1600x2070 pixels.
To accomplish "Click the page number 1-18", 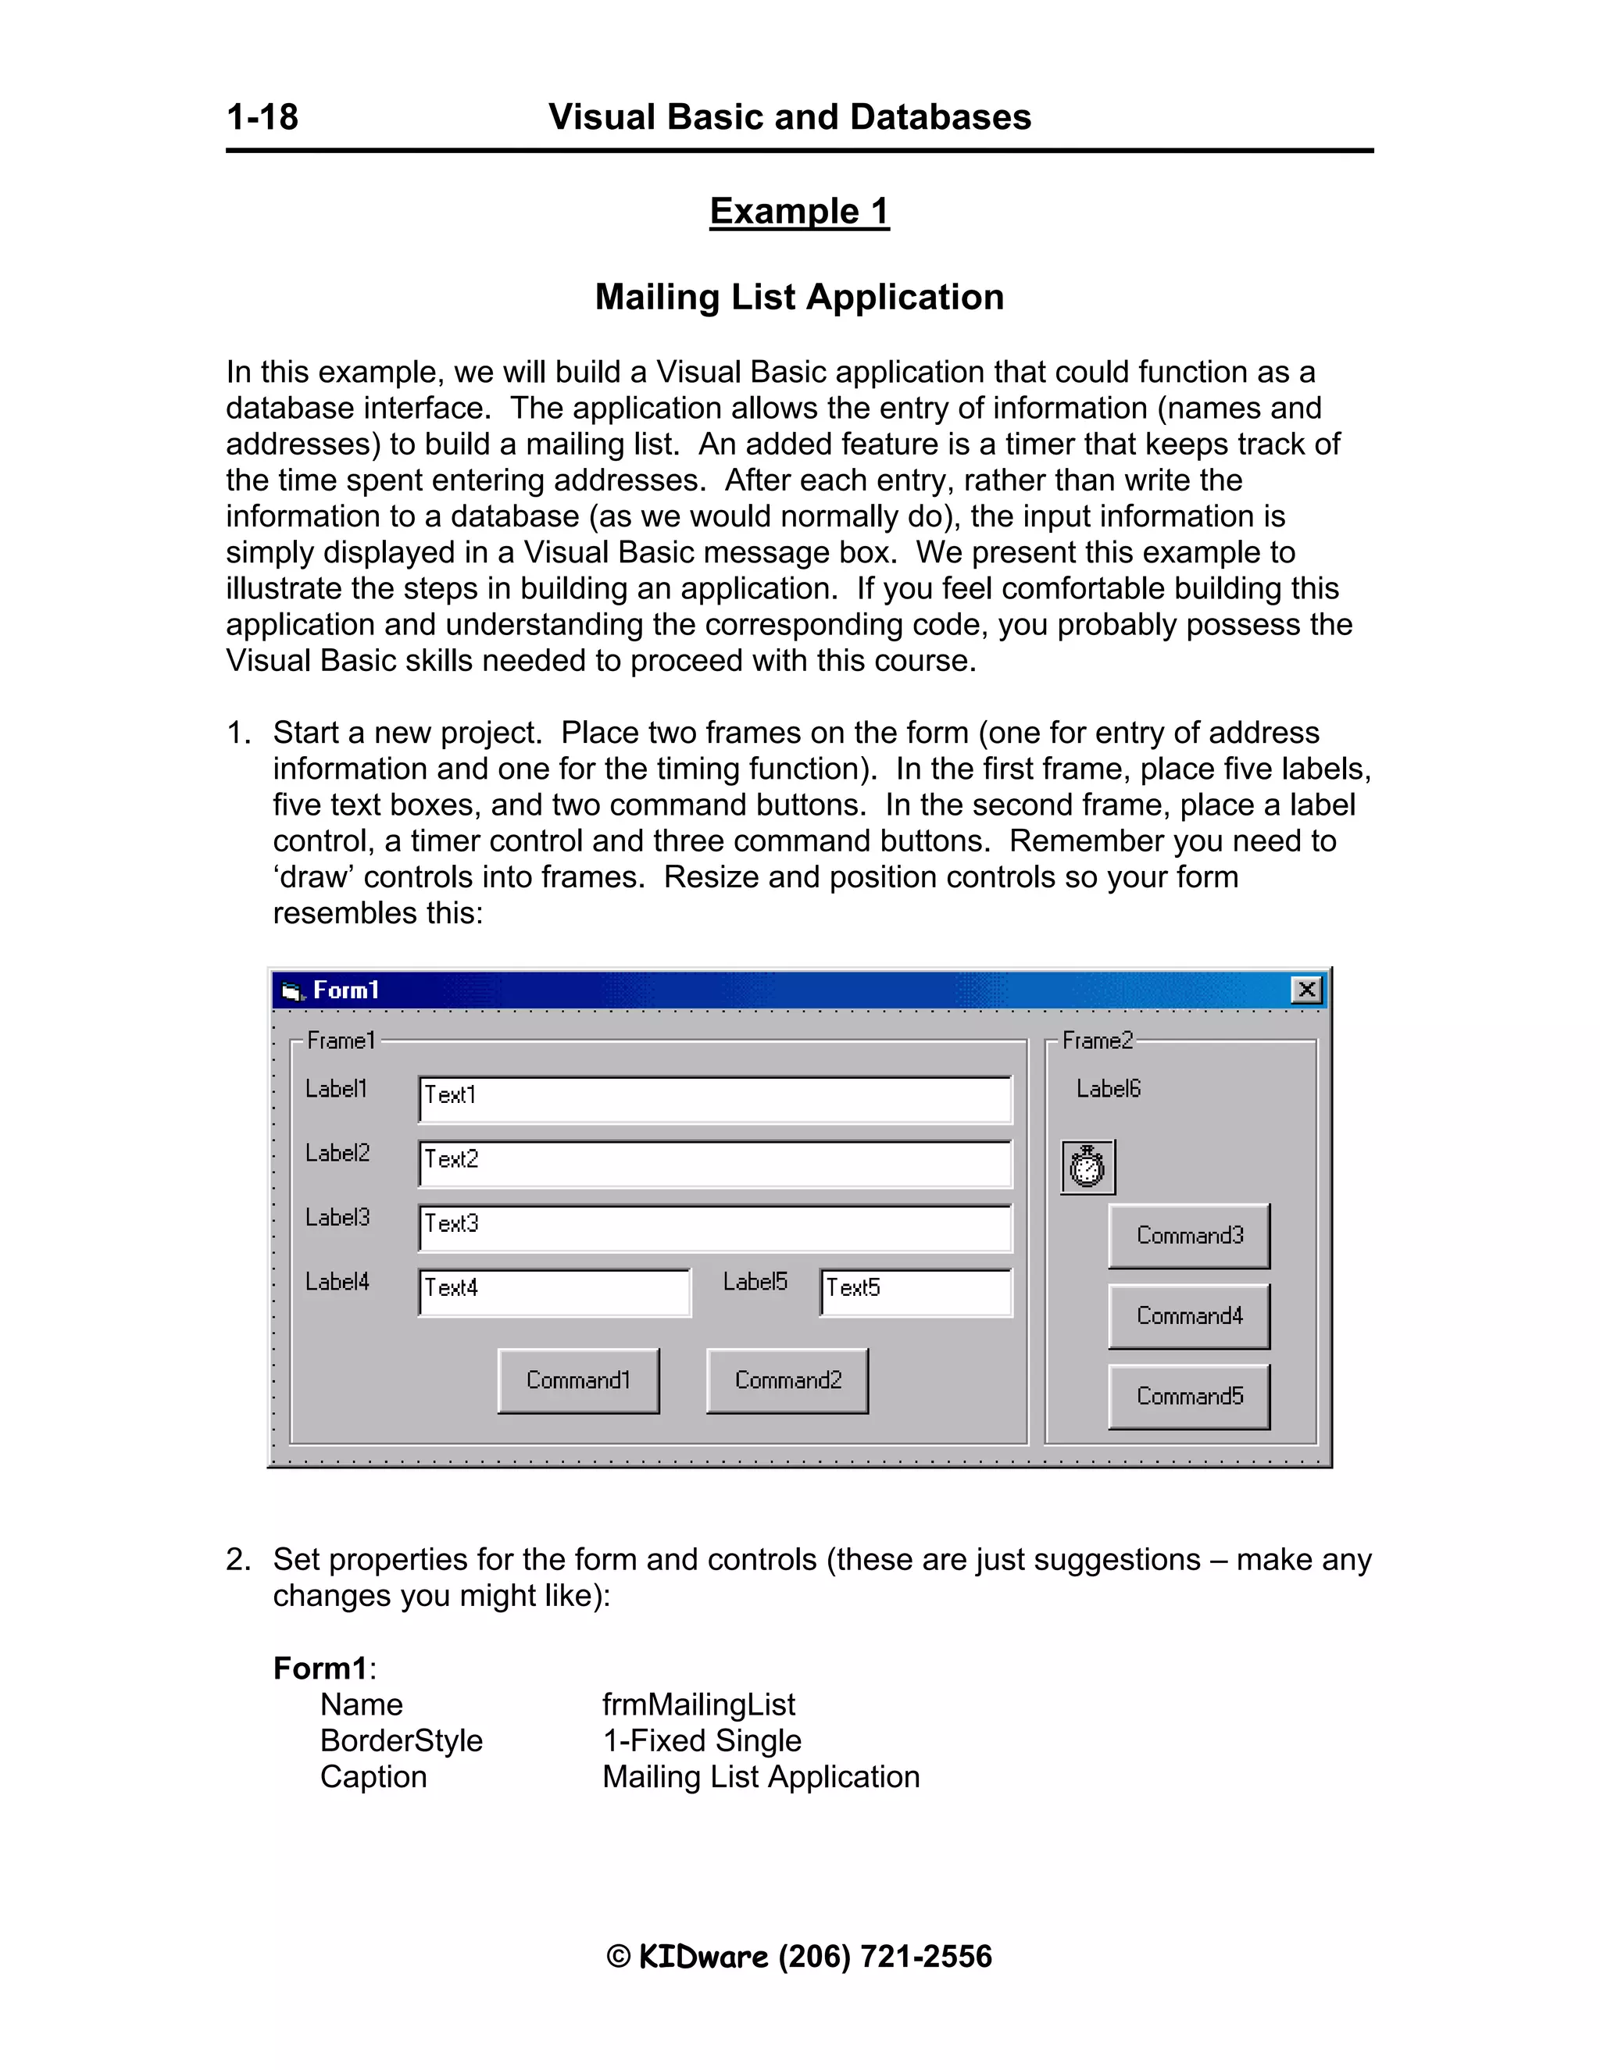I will click(x=262, y=117).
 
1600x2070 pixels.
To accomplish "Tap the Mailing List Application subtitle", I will click(x=799, y=297).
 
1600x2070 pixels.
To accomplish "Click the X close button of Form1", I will click(x=1306, y=990).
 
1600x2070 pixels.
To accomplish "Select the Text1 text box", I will click(x=715, y=1100).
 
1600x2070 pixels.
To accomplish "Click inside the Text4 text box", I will click(x=555, y=1292).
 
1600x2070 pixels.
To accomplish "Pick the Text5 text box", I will click(x=916, y=1292).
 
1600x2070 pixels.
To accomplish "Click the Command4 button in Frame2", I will click(x=1188, y=1315).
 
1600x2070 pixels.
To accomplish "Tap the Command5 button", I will click(x=1188, y=1396).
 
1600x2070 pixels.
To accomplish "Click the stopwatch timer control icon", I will click(x=1087, y=1167).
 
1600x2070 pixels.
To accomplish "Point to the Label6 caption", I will click(x=1108, y=1089).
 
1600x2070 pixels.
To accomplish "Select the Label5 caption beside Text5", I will click(x=755, y=1281).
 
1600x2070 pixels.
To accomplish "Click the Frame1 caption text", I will click(x=341, y=1040).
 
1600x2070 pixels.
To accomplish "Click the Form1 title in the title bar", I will click(x=346, y=990).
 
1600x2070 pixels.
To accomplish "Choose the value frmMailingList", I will click(x=698, y=1704).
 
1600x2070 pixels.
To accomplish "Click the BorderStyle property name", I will click(x=401, y=1740).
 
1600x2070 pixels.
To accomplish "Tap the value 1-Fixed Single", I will click(x=702, y=1740).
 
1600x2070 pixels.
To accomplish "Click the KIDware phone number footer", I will click(x=799, y=1956).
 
